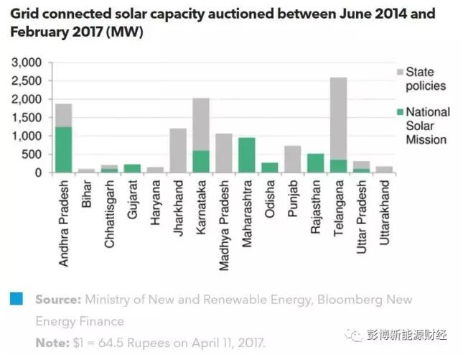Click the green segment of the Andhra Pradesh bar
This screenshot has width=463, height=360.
click(x=64, y=149)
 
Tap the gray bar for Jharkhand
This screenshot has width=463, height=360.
click(x=178, y=150)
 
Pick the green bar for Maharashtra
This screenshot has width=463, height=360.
click(x=247, y=154)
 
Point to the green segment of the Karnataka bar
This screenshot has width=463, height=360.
click(x=201, y=161)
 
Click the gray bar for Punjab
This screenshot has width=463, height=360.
click(x=293, y=159)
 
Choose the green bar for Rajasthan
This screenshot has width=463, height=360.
click(x=316, y=163)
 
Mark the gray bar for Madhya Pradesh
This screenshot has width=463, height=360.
click(x=224, y=153)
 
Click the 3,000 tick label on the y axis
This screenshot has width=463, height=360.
click(x=29, y=63)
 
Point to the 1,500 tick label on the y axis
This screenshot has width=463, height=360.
click(x=29, y=118)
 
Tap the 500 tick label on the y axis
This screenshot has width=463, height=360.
click(x=34, y=154)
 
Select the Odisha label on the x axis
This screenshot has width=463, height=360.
click(x=270, y=202)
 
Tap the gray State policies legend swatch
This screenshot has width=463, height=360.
click(x=399, y=72)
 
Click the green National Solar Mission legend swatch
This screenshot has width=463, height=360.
click(x=399, y=112)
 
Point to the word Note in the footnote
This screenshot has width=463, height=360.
click(x=50, y=342)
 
